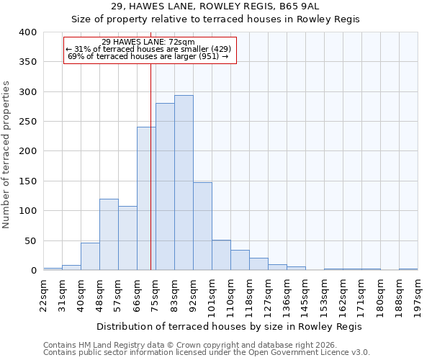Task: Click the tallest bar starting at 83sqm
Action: pyautogui.click(x=184, y=183)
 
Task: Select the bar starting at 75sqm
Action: pyautogui.click(x=165, y=186)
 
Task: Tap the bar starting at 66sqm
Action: pyautogui.click(x=146, y=199)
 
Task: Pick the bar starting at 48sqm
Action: pyautogui.click(x=109, y=235)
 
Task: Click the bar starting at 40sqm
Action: pyautogui.click(x=90, y=256)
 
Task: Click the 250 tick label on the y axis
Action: pyautogui.click(x=27, y=122)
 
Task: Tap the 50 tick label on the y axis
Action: pyautogui.click(x=30, y=241)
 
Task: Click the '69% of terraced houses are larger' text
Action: pyautogui.click(x=148, y=56)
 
